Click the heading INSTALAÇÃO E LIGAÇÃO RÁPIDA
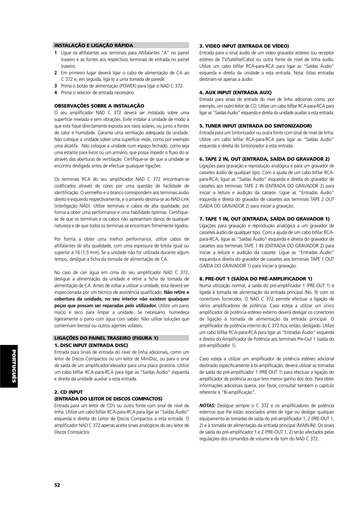(94, 45)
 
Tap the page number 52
(57, 485)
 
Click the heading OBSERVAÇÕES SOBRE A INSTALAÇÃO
(99, 106)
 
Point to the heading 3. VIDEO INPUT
(244, 46)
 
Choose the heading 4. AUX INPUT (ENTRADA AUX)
(235, 92)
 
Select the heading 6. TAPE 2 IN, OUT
(264, 159)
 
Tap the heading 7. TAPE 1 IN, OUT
(264, 219)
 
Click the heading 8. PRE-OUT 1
(256, 279)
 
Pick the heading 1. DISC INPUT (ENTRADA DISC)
(91, 345)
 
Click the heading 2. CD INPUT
(69, 392)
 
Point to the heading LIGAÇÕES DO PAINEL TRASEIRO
(106, 338)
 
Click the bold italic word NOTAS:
(207, 405)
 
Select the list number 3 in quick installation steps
(55, 86)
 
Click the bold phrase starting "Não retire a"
(177, 292)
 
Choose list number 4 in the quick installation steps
(55, 93)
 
